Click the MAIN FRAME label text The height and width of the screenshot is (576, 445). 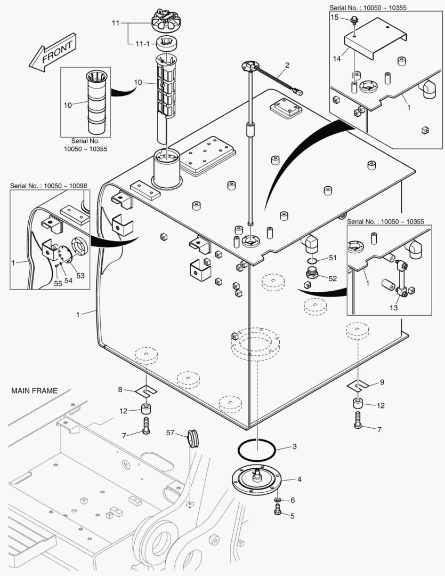[34, 391]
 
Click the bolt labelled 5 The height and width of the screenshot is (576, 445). [277, 512]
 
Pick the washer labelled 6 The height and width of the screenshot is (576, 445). [278, 500]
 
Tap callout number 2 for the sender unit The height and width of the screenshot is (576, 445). [287, 66]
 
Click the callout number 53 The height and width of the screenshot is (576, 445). [80, 275]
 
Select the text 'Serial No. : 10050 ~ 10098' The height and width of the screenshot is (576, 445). [48, 186]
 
